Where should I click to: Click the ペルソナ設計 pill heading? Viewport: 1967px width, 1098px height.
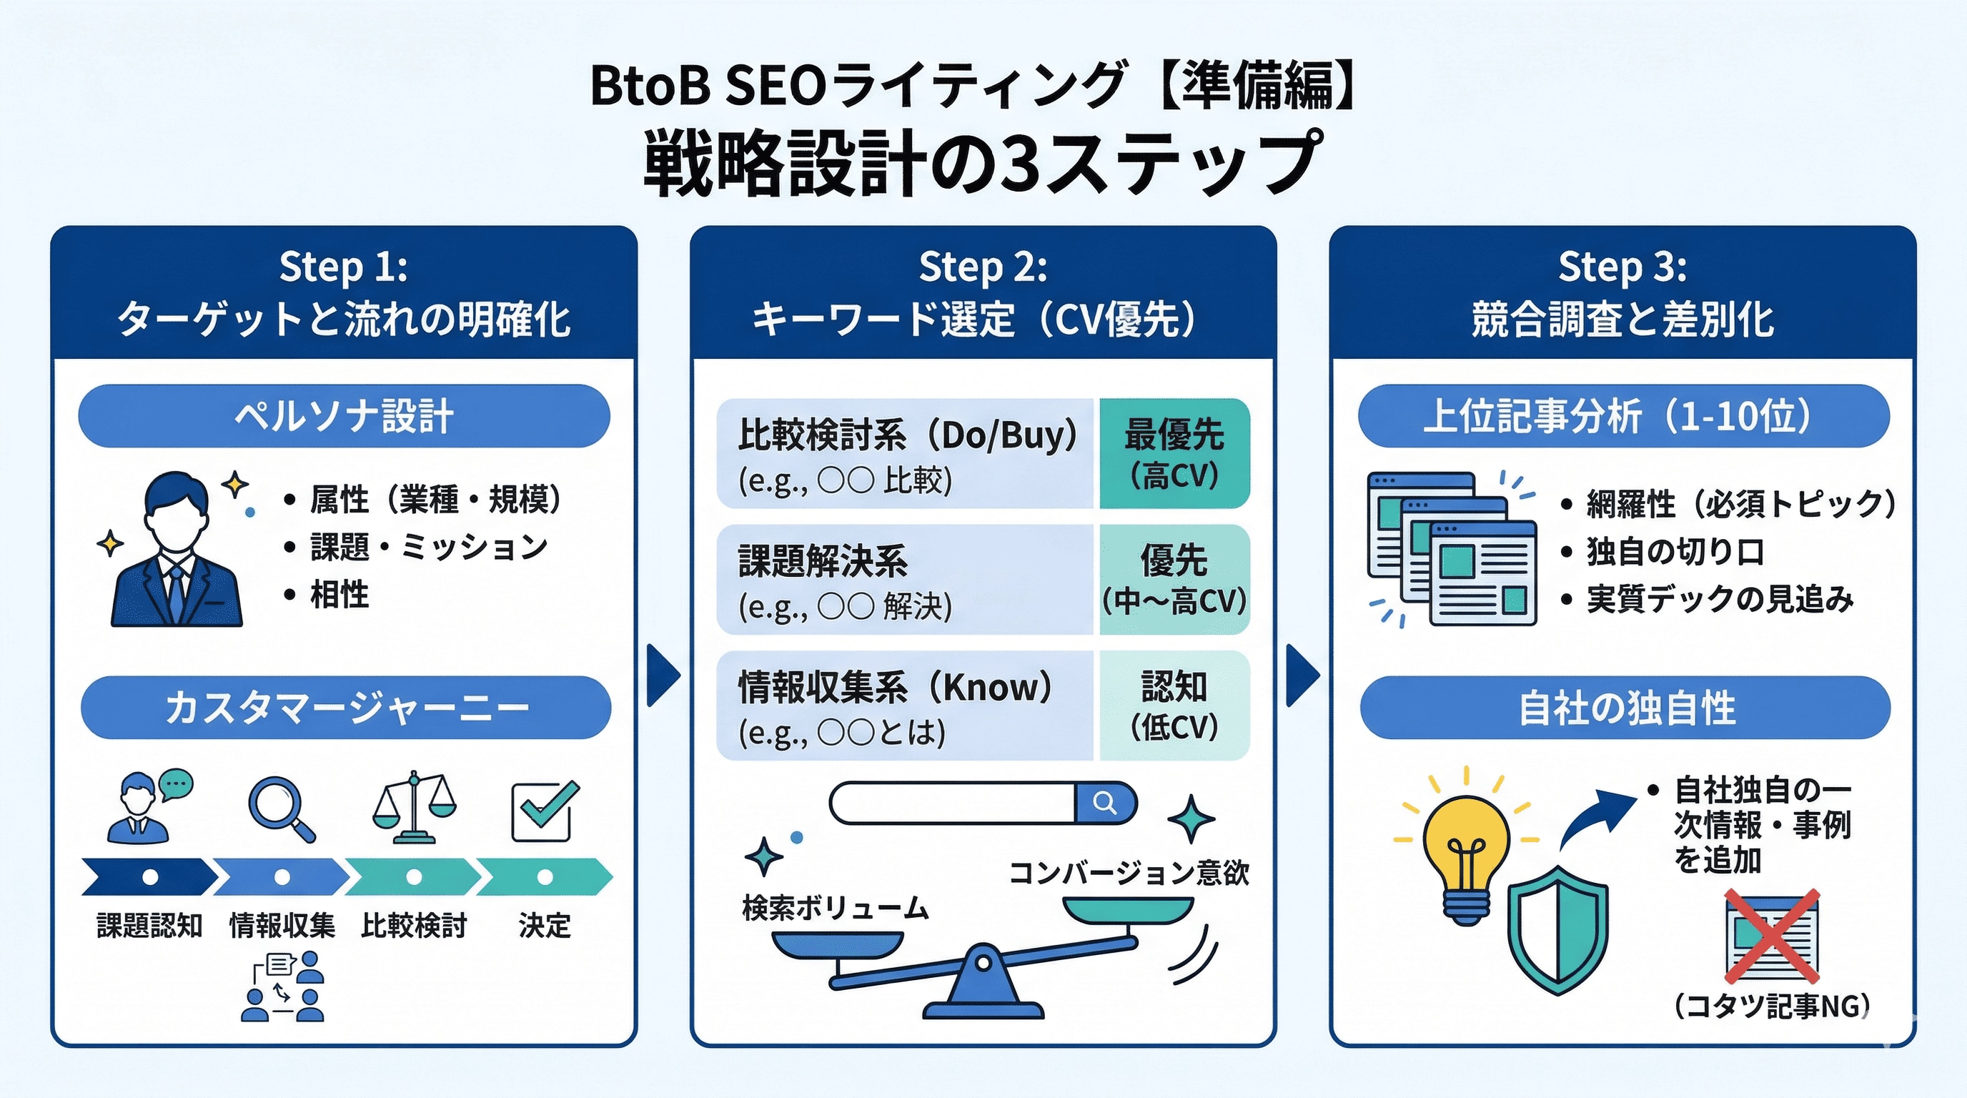tap(344, 416)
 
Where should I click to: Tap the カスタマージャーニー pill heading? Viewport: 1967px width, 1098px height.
tap(346, 707)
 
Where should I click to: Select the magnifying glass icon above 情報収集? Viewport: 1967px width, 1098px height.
tap(280, 808)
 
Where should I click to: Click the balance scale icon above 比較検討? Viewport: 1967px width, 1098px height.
tap(414, 808)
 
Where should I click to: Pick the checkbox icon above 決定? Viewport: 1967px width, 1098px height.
tap(544, 811)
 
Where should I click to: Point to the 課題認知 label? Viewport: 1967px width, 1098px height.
tap(149, 926)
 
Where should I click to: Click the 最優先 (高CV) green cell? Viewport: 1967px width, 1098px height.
tap(1174, 453)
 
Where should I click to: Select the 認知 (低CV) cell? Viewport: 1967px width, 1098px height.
tap(1174, 706)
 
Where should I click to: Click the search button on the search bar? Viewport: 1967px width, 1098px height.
tap(1105, 803)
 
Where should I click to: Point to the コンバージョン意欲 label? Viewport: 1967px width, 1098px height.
tap(1129, 873)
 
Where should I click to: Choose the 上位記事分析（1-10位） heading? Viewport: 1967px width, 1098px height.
tap(1622, 416)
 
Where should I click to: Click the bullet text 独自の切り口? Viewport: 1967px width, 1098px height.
tap(1675, 551)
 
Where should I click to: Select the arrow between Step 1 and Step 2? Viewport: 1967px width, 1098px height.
tap(662, 675)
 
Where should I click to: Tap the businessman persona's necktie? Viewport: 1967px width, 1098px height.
tap(177, 595)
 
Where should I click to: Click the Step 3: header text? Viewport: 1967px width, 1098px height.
tap(1622, 267)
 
